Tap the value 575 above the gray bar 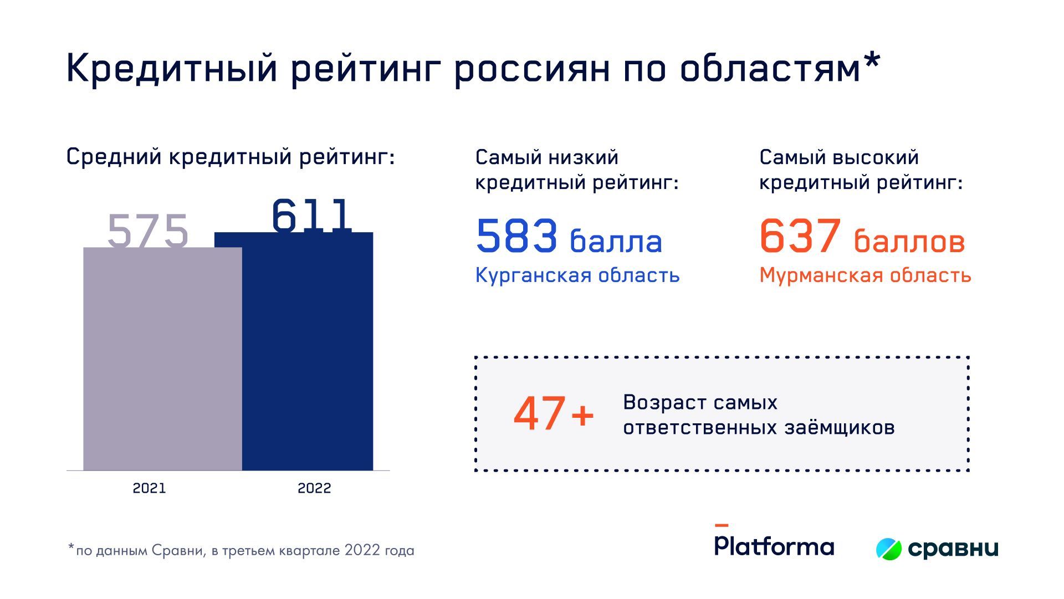tap(148, 231)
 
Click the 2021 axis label tap(149, 488)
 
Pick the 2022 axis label tap(314, 488)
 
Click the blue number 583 tap(516, 235)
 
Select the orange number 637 tap(800, 235)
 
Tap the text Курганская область tap(577, 275)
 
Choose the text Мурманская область tap(865, 275)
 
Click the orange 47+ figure tap(554, 414)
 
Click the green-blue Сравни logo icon tap(889, 549)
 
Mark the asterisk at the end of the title tap(872, 60)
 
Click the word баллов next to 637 tap(909, 242)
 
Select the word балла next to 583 tap(616, 242)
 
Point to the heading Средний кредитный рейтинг tap(231, 157)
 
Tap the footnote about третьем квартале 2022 tap(241, 550)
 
